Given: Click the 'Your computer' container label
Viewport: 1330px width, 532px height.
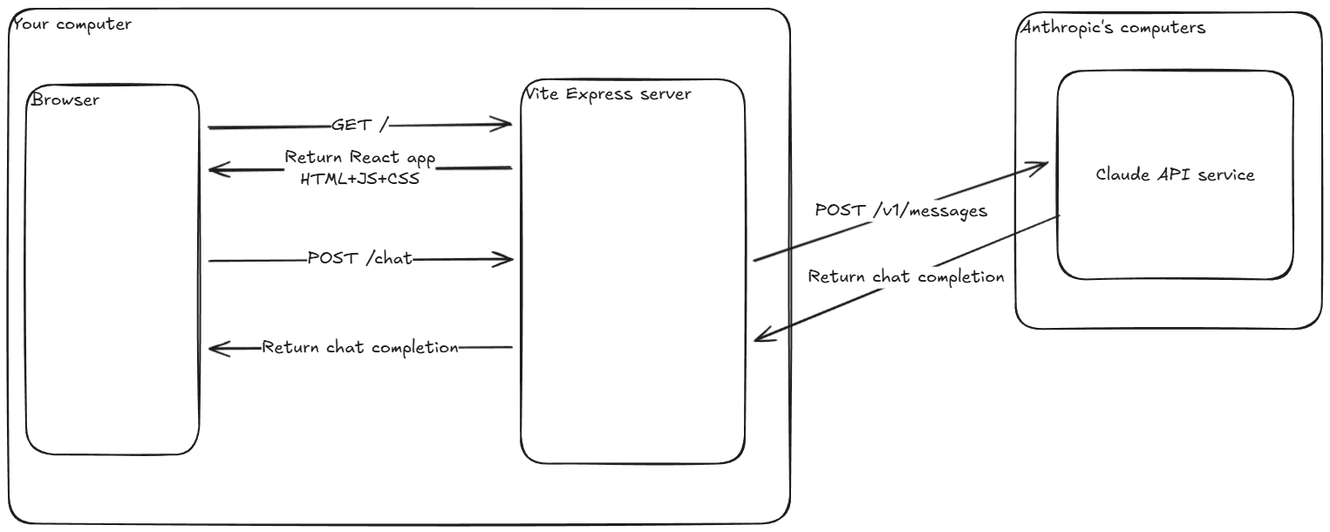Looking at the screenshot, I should (72, 24).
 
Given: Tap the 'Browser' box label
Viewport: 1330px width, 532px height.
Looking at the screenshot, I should (65, 99).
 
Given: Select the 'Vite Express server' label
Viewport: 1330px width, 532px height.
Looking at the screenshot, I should (608, 93).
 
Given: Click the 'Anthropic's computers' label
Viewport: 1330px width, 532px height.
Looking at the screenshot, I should (1112, 28).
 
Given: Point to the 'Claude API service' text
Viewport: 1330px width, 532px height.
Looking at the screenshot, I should (1175, 174).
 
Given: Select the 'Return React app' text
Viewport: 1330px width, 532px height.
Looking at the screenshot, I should (359, 158).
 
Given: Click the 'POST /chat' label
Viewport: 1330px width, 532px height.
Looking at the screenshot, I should (359, 259).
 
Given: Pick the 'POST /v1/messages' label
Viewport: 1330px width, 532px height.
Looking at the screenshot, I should (901, 210).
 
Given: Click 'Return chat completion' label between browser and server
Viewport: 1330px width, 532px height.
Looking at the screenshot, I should (360, 347).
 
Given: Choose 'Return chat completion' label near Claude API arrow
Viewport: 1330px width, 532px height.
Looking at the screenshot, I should (906, 277).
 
